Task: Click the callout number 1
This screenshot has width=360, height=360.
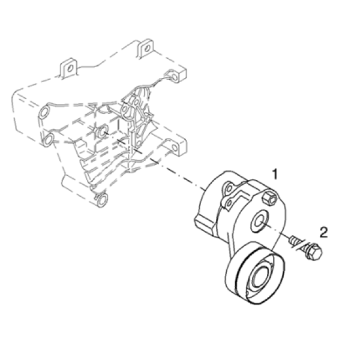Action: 275,174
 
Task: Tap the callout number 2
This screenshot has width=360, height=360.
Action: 323,232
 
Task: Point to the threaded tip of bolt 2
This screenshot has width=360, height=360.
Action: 293,241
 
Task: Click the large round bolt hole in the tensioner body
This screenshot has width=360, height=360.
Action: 259,221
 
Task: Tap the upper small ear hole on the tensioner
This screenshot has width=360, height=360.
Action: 228,189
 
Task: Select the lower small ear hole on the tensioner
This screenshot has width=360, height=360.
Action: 229,203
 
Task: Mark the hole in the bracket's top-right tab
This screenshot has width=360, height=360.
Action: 147,49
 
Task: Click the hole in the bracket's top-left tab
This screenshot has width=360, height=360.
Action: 70,68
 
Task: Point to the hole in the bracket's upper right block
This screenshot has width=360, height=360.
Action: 175,77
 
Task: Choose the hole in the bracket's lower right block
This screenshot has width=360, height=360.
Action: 175,148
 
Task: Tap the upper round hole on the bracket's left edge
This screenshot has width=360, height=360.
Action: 43,113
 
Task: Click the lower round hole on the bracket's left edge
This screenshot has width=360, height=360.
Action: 48,139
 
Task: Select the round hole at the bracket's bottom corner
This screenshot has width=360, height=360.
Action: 102,199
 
